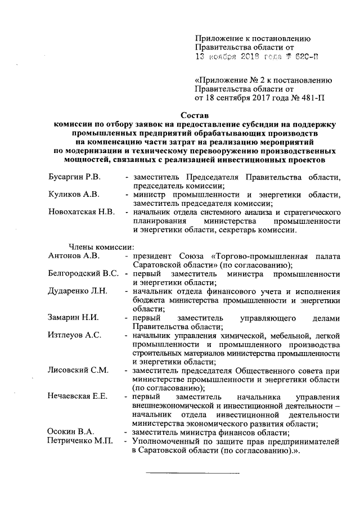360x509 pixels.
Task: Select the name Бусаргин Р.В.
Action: (x=73, y=178)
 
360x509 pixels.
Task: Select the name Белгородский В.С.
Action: (x=83, y=274)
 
